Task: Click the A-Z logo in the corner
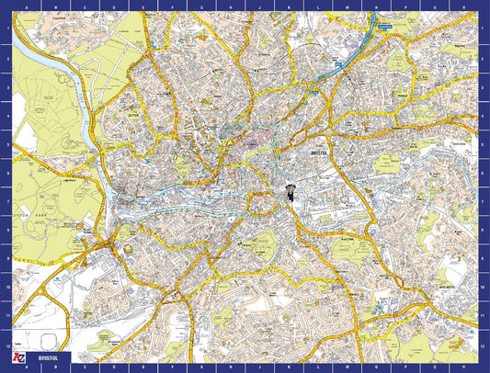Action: tap(17, 356)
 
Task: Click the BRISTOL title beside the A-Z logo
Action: tap(48, 356)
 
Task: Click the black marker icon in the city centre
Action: tap(288, 192)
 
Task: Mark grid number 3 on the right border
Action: tap(484, 85)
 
